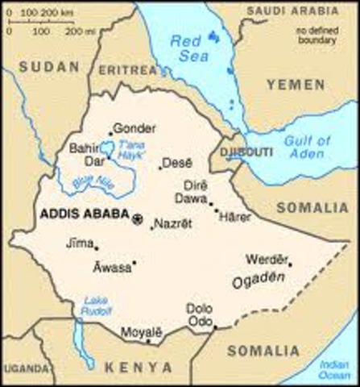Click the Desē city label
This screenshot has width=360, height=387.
click(176, 163)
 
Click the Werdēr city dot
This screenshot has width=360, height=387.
click(290, 263)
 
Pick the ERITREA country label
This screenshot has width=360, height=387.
click(124, 71)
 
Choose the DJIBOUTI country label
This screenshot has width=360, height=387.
click(230, 148)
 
